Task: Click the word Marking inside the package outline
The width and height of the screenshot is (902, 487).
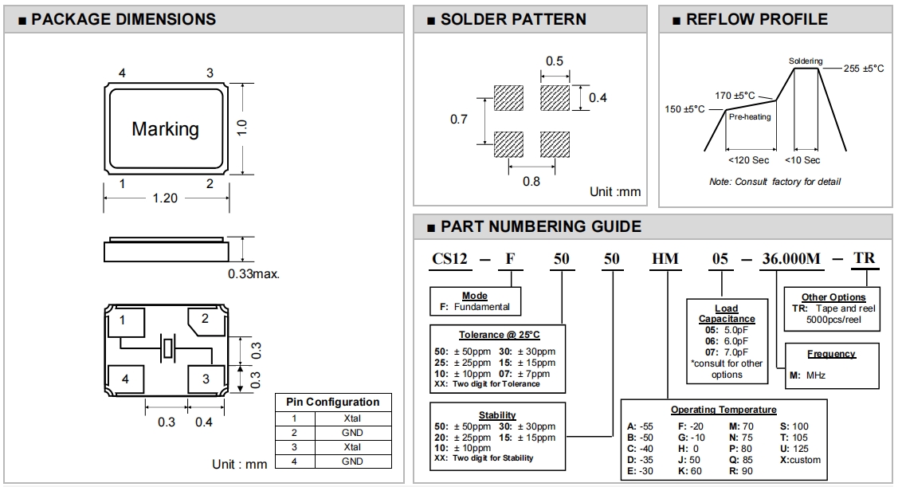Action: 165,128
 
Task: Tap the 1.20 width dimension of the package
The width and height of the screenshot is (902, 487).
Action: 165,198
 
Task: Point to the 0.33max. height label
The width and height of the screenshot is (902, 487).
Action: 254,273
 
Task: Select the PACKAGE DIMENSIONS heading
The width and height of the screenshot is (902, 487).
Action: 123,19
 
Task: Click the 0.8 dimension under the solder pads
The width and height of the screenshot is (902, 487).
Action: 531,181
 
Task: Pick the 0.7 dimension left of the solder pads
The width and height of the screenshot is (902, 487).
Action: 459,120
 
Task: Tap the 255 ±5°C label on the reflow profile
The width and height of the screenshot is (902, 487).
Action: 864,69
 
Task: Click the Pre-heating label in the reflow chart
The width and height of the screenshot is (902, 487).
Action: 750,117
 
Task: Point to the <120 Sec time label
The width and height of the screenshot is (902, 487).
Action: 750,160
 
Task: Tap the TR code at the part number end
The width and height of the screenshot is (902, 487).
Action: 865,258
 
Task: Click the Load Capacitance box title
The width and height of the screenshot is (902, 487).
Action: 727,313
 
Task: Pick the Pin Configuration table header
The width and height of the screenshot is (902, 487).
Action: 333,403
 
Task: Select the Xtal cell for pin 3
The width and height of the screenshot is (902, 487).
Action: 352,447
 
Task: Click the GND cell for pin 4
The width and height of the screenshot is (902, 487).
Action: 352,461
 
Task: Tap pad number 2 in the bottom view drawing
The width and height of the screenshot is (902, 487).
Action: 205,319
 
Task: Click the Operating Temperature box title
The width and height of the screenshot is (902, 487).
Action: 724,410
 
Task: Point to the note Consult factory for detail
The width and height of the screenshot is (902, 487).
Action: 775,182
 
